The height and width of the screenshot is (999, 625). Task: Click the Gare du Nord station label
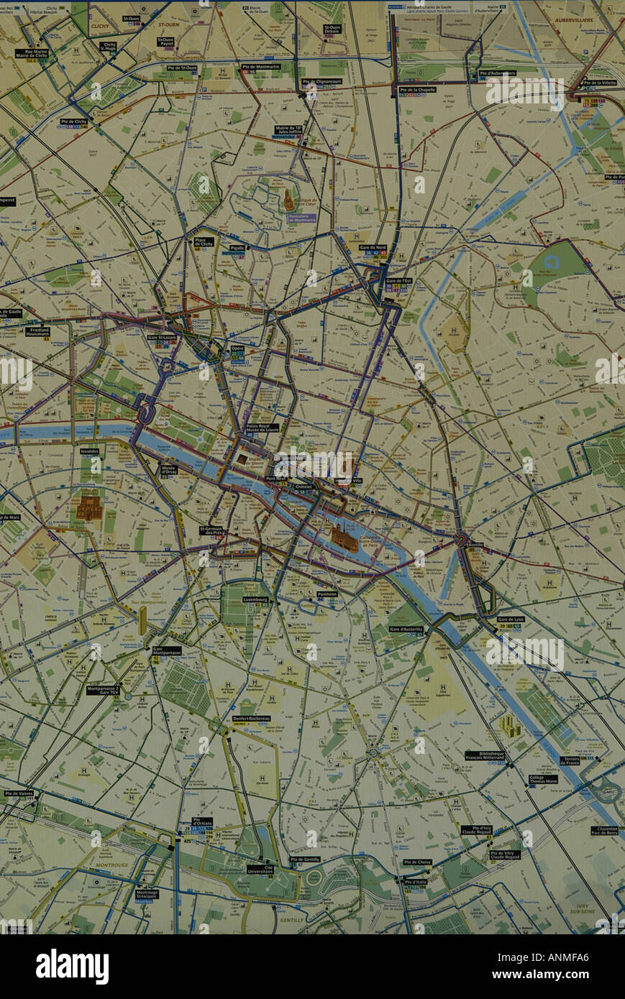(x=373, y=247)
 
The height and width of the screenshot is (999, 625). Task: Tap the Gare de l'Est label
(x=398, y=281)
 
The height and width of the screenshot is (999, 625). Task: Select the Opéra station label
(x=237, y=348)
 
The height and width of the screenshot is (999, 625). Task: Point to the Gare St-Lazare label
(x=162, y=337)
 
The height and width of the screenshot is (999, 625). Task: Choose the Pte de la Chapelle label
(x=413, y=90)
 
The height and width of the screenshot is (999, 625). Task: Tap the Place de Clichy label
(x=204, y=241)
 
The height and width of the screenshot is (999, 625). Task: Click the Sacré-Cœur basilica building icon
(x=288, y=199)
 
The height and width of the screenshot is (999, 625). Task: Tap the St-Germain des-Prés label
(x=212, y=531)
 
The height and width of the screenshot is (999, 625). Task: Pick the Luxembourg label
(x=255, y=599)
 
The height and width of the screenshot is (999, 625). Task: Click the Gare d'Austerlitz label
(x=406, y=629)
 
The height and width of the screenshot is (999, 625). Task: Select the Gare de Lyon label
(x=511, y=619)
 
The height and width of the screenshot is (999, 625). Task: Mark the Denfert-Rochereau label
(x=251, y=719)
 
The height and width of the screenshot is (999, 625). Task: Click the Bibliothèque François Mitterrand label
(x=485, y=756)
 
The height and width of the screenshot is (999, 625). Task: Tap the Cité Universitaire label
(x=260, y=869)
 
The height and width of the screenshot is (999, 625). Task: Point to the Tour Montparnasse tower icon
(x=142, y=619)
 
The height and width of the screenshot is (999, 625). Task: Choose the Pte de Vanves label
(x=18, y=793)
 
